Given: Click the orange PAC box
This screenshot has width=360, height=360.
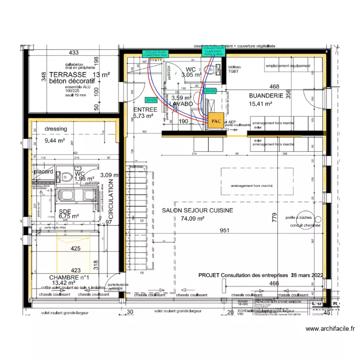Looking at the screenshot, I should coord(216,121).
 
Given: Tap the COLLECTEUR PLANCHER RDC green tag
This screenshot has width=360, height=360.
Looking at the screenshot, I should coord(155,54).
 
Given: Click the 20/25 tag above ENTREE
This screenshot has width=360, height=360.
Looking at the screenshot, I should coord(150,100).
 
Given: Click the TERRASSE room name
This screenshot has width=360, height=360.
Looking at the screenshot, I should coord(67,74).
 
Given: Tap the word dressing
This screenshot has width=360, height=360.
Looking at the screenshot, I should coord(56,129).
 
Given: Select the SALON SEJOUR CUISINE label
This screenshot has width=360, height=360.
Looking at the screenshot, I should coord(197,210).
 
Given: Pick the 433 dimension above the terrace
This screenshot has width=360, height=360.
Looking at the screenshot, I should coord(73,53).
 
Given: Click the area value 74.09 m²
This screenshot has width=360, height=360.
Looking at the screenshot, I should coord(193,218).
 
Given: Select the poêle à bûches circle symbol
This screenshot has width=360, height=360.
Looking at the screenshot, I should coord(304,217).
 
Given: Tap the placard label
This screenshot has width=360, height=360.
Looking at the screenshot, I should coord(43,171).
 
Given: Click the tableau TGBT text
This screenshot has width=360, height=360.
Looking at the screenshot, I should coord(235,69).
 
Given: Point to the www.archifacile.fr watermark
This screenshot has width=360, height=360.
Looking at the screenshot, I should coord(330,329).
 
